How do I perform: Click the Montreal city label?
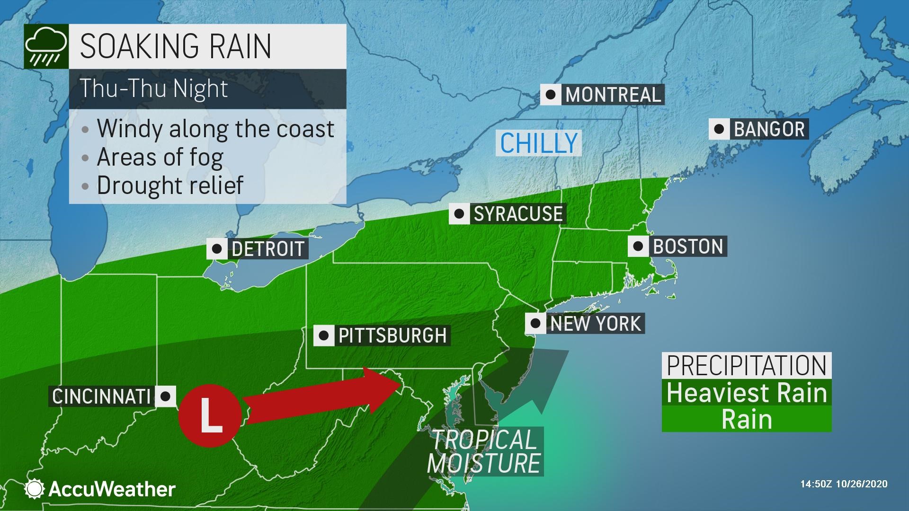(613, 95)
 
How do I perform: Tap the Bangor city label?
(769, 129)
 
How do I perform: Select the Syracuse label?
(518, 214)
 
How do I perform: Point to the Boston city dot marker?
(638, 246)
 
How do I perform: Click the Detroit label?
(267, 249)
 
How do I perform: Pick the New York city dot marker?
(535, 324)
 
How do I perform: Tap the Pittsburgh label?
(392, 335)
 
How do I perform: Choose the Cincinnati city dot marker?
(165, 396)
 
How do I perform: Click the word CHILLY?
(539, 143)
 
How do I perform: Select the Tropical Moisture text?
(484, 451)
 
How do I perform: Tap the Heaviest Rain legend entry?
(747, 393)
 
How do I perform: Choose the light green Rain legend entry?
(747, 419)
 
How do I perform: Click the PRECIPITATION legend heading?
(747, 365)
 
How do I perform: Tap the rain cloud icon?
(45, 46)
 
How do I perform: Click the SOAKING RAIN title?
(176, 46)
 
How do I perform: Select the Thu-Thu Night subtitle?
(154, 88)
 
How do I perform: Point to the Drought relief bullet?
(169, 185)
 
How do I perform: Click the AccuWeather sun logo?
(35, 489)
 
